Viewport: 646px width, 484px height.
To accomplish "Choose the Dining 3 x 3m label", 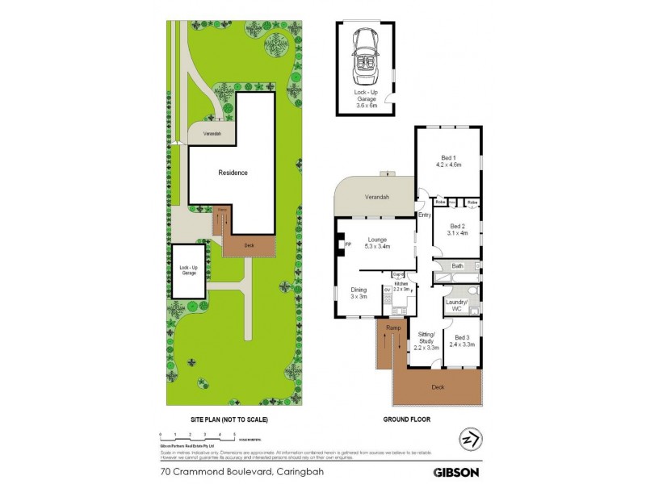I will pos(359,293).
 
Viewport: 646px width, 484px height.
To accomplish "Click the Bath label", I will pos(457,265).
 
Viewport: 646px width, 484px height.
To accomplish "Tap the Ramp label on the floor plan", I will pos(393,328).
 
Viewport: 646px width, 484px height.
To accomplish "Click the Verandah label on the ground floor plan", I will pos(377,198).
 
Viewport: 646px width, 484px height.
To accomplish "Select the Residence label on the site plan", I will pos(233,173).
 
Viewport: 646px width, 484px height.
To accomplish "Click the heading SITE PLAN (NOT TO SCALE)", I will pos(229,420).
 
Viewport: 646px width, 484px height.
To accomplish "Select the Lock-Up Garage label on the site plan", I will pos(188,271).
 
